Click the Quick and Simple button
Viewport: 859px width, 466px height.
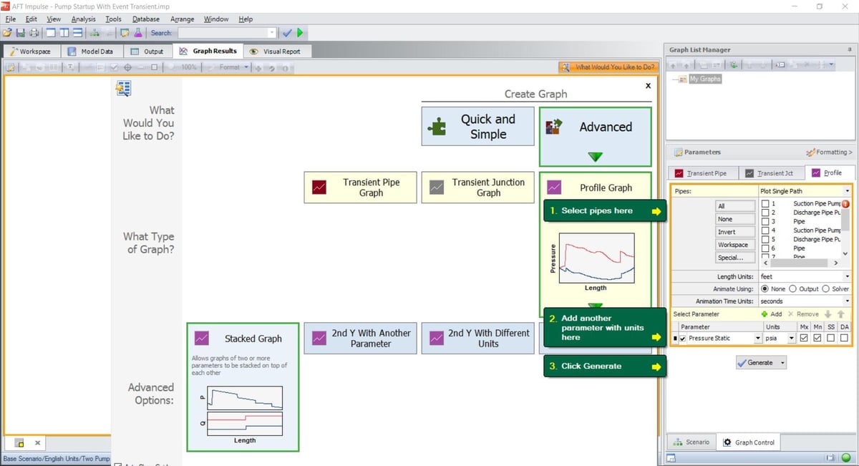[477, 127]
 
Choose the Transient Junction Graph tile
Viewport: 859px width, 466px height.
[477, 188]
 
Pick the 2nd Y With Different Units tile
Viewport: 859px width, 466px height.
[477, 338]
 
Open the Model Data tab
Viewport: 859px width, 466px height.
[91, 52]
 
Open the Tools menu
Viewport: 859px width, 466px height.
[113, 19]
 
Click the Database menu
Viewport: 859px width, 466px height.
[146, 19]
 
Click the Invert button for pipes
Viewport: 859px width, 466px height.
[726, 232]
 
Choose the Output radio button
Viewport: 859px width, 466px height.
[793, 288]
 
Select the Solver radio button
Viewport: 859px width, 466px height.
[827, 288]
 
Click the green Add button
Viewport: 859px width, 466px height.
[772, 314]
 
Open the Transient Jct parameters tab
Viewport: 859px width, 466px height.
[769, 173]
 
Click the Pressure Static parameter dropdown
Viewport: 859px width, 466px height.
[757, 339]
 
